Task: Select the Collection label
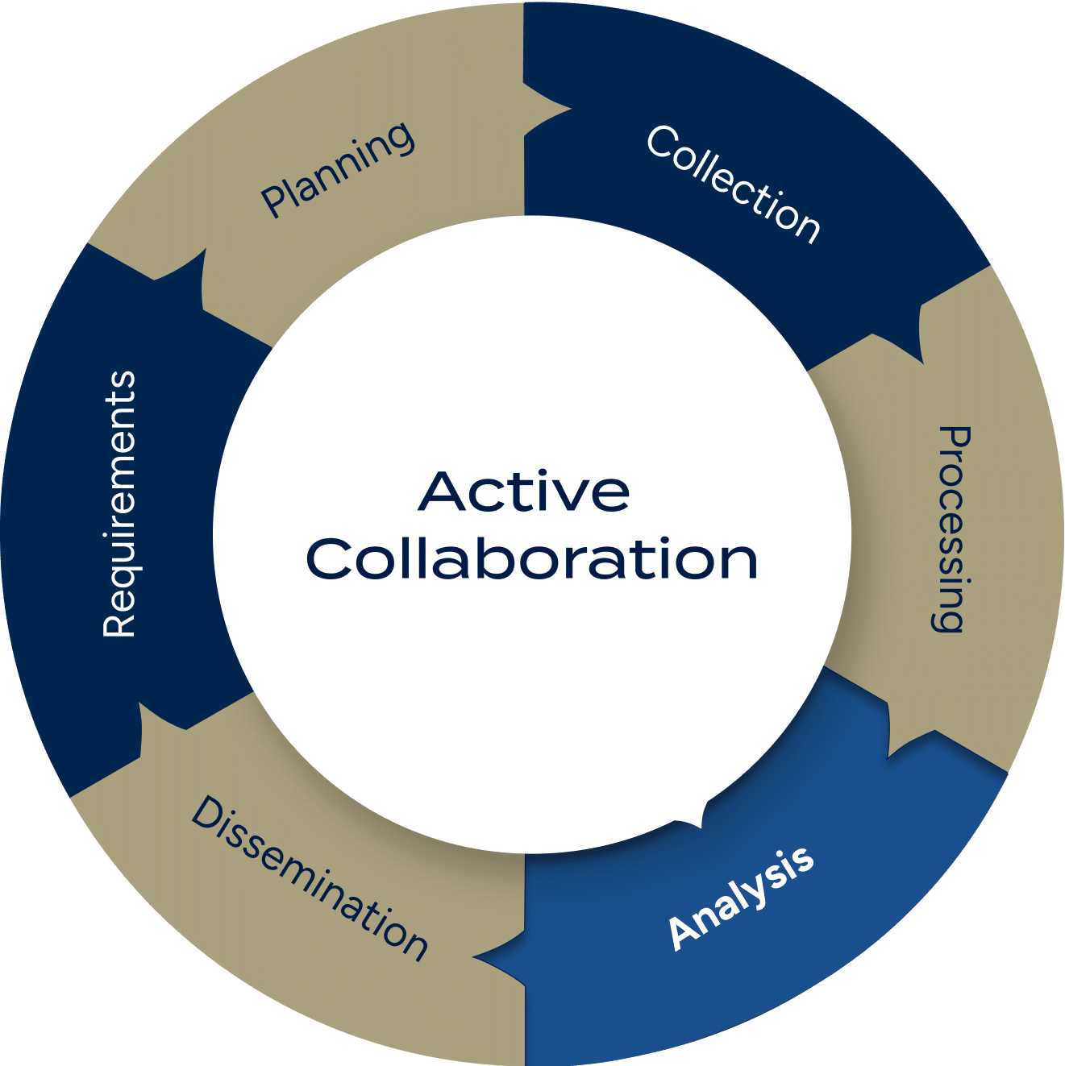click(x=733, y=183)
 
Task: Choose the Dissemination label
click(x=309, y=878)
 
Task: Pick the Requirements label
click(x=119, y=504)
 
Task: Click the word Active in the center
click(x=524, y=492)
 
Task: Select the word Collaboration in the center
click(x=532, y=558)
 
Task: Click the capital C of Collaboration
click(x=329, y=558)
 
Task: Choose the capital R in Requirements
click(x=119, y=624)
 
